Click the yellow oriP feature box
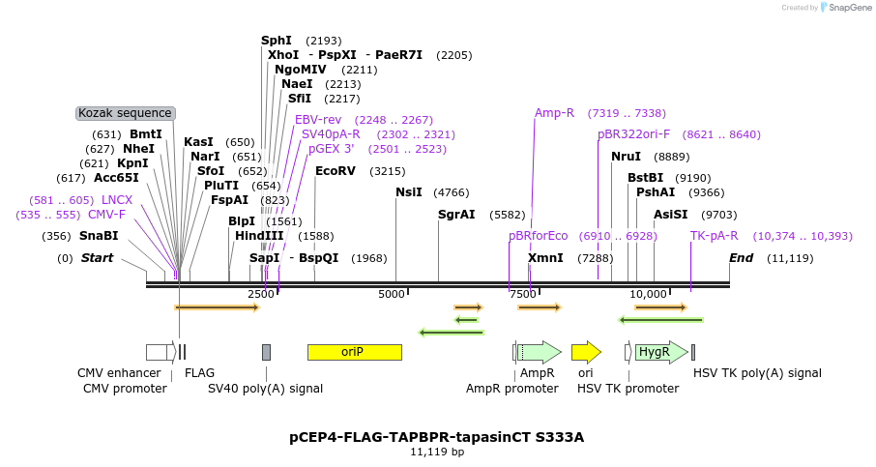point(354,352)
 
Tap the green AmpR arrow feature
point(538,352)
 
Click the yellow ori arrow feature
point(585,352)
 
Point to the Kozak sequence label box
point(125,113)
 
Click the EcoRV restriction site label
point(336,171)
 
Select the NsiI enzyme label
point(409,192)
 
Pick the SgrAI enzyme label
point(456,215)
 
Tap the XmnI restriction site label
point(545,258)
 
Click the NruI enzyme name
point(626,156)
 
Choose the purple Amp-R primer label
point(554,113)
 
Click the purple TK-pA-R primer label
point(715,236)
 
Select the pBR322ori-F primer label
point(633,134)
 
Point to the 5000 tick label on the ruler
point(392,294)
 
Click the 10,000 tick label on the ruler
point(648,294)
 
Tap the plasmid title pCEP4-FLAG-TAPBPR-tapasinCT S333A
point(437,437)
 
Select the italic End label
point(741,258)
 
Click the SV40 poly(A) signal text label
point(265,389)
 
